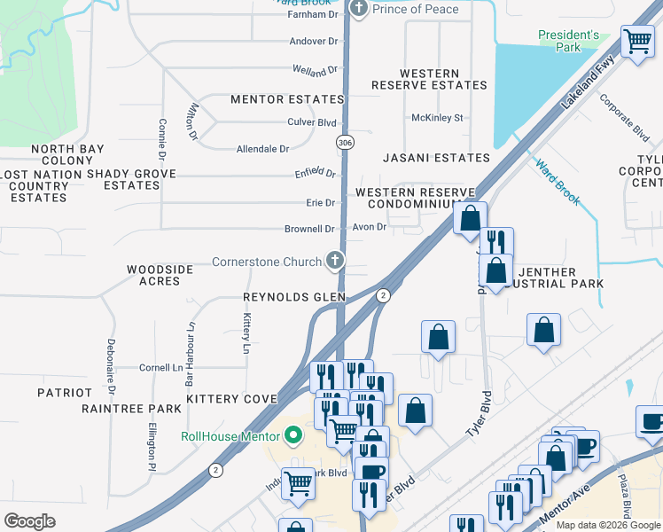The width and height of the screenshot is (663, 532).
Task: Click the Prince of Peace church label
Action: (x=416, y=9)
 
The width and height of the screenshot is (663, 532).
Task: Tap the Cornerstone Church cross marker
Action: (x=334, y=260)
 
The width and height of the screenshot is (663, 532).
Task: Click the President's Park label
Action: (x=568, y=41)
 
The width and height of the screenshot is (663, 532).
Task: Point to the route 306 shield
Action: (x=345, y=142)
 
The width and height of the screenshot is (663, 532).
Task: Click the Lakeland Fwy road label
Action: (x=587, y=85)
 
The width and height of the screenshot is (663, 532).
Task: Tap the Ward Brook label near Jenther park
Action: (x=558, y=182)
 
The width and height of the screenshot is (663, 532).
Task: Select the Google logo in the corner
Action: (x=29, y=520)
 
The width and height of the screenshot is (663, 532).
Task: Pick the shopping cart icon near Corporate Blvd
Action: (x=637, y=40)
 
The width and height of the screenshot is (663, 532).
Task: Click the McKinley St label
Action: (x=437, y=117)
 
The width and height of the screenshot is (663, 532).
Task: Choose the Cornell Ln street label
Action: (x=160, y=367)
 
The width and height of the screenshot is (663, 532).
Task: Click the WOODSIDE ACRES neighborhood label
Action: (x=153, y=275)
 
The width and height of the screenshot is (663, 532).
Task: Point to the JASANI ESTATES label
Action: (x=436, y=158)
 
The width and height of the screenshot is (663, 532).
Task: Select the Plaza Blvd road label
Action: (x=625, y=497)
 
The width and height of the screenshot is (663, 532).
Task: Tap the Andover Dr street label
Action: (x=314, y=41)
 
